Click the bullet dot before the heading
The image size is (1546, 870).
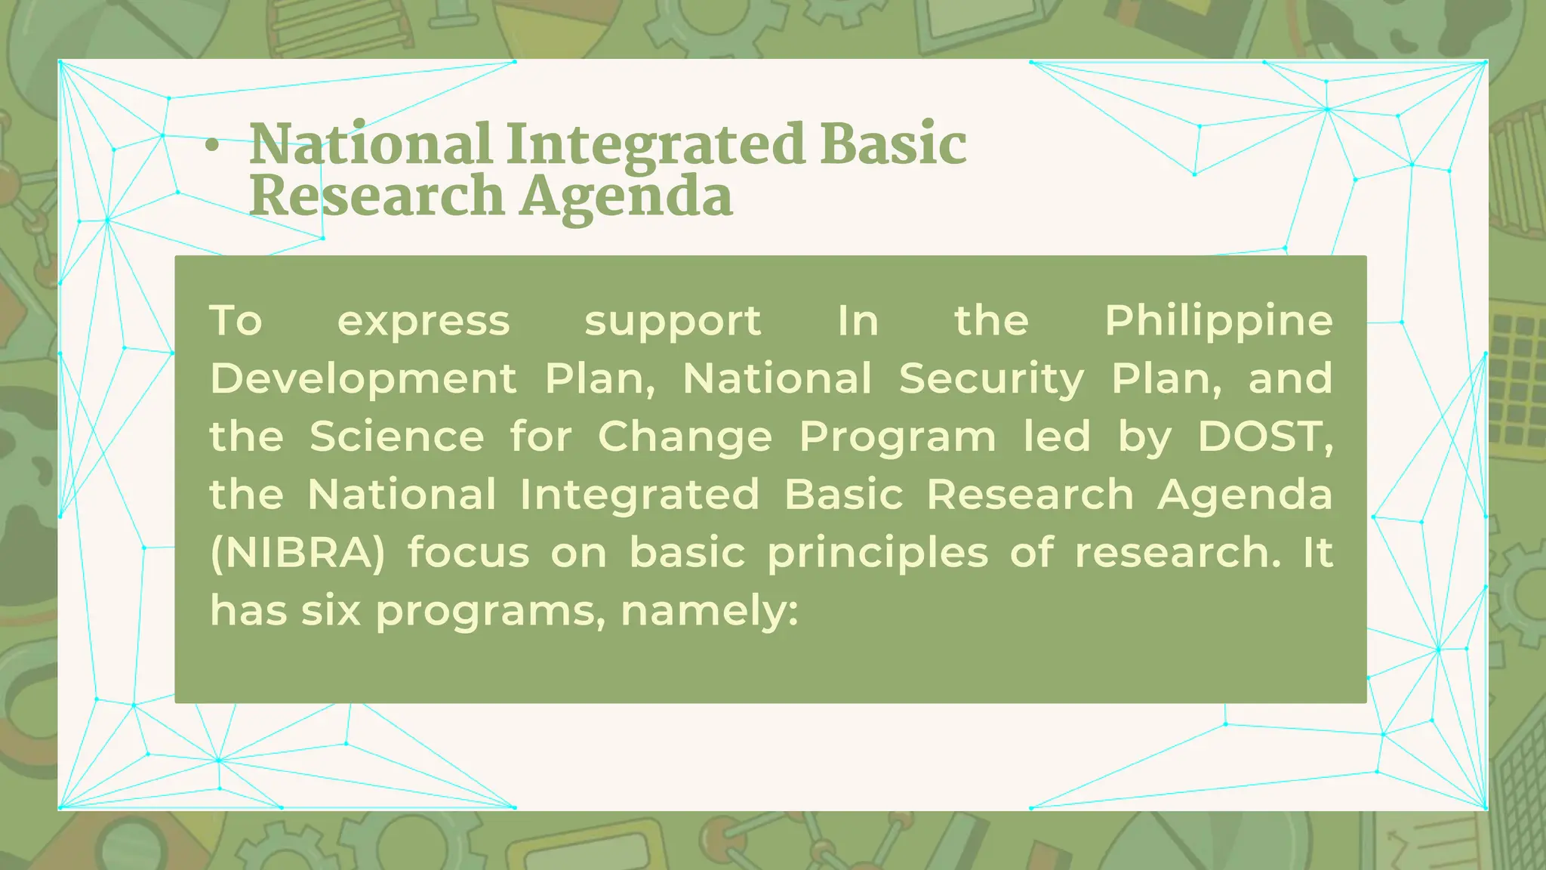[x=212, y=147]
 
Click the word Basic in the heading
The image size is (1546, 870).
[x=893, y=144]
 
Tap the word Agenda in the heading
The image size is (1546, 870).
[x=626, y=197]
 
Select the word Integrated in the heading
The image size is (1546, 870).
[x=654, y=144]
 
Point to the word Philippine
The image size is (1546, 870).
[x=1218, y=322]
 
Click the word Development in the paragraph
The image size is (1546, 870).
[x=363, y=378]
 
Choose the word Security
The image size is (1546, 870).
[x=991, y=378]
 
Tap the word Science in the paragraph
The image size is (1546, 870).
[x=396, y=437]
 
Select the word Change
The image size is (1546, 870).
[x=685, y=437]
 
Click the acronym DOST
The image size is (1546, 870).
[x=1264, y=437]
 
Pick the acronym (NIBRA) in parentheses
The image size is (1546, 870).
[x=297, y=553]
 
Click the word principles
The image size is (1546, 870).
[x=877, y=553]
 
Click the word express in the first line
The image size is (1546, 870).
[x=423, y=322]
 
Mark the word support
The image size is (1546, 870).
[x=673, y=322]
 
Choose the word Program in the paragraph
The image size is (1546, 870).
[x=897, y=437]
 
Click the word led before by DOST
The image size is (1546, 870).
[x=1057, y=437]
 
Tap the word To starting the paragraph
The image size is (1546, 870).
[x=236, y=322]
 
